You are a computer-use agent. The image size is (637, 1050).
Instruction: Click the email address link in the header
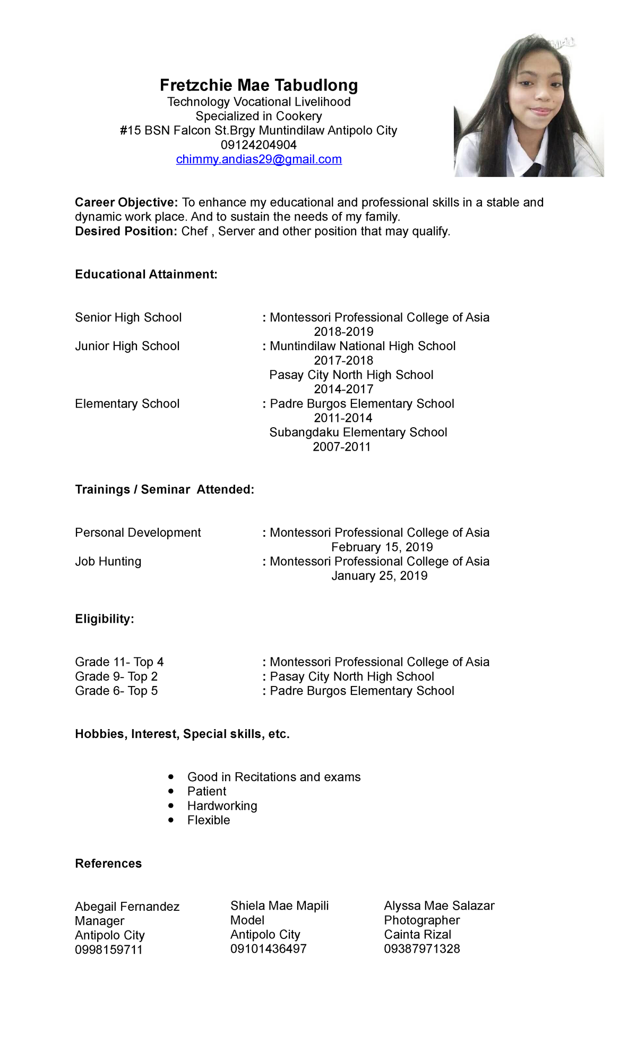(259, 159)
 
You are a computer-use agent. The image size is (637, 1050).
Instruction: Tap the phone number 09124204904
(259, 145)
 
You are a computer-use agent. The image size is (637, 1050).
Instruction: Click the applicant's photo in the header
(529, 106)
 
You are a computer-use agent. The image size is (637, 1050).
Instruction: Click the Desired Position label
(126, 231)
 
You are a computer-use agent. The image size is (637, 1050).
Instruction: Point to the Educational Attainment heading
(146, 274)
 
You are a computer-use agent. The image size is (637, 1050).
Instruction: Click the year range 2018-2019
(343, 332)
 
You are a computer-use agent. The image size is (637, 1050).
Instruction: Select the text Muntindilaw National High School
(363, 346)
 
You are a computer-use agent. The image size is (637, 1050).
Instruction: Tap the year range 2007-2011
(341, 447)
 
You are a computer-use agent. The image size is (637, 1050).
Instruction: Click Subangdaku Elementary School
(358, 433)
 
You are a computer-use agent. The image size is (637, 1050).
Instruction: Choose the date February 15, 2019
(382, 547)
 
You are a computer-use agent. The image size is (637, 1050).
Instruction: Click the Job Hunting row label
(108, 562)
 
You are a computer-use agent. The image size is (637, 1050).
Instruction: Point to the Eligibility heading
(105, 619)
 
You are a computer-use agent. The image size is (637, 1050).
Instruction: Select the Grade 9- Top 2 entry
(116, 676)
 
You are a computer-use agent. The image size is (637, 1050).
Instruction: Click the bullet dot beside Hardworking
(170, 806)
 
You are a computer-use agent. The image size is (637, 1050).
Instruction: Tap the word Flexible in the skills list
(209, 820)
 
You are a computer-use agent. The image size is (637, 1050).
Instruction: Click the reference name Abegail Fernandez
(127, 907)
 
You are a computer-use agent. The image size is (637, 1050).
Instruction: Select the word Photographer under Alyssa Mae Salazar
(422, 920)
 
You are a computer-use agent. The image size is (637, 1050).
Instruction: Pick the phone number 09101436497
(269, 949)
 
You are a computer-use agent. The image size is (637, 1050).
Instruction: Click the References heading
(108, 863)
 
